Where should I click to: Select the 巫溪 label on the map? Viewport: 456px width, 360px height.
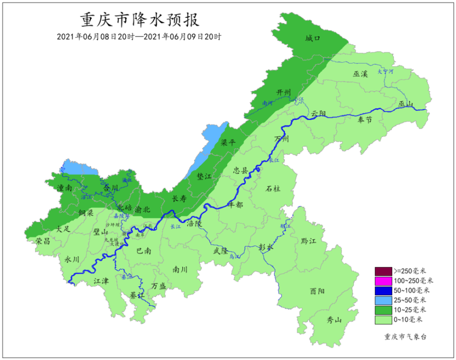[x=360, y=74]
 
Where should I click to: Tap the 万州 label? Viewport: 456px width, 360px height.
[x=281, y=139]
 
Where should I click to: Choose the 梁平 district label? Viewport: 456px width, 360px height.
[x=228, y=142]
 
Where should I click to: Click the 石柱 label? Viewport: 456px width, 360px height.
[x=273, y=188]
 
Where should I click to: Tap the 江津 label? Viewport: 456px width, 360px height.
[x=101, y=281]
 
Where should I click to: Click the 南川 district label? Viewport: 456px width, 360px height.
[x=180, y=270]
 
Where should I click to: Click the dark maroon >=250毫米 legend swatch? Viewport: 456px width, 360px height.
[x=383, y=271]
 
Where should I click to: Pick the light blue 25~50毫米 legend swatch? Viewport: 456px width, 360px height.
[x=383, y=300]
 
